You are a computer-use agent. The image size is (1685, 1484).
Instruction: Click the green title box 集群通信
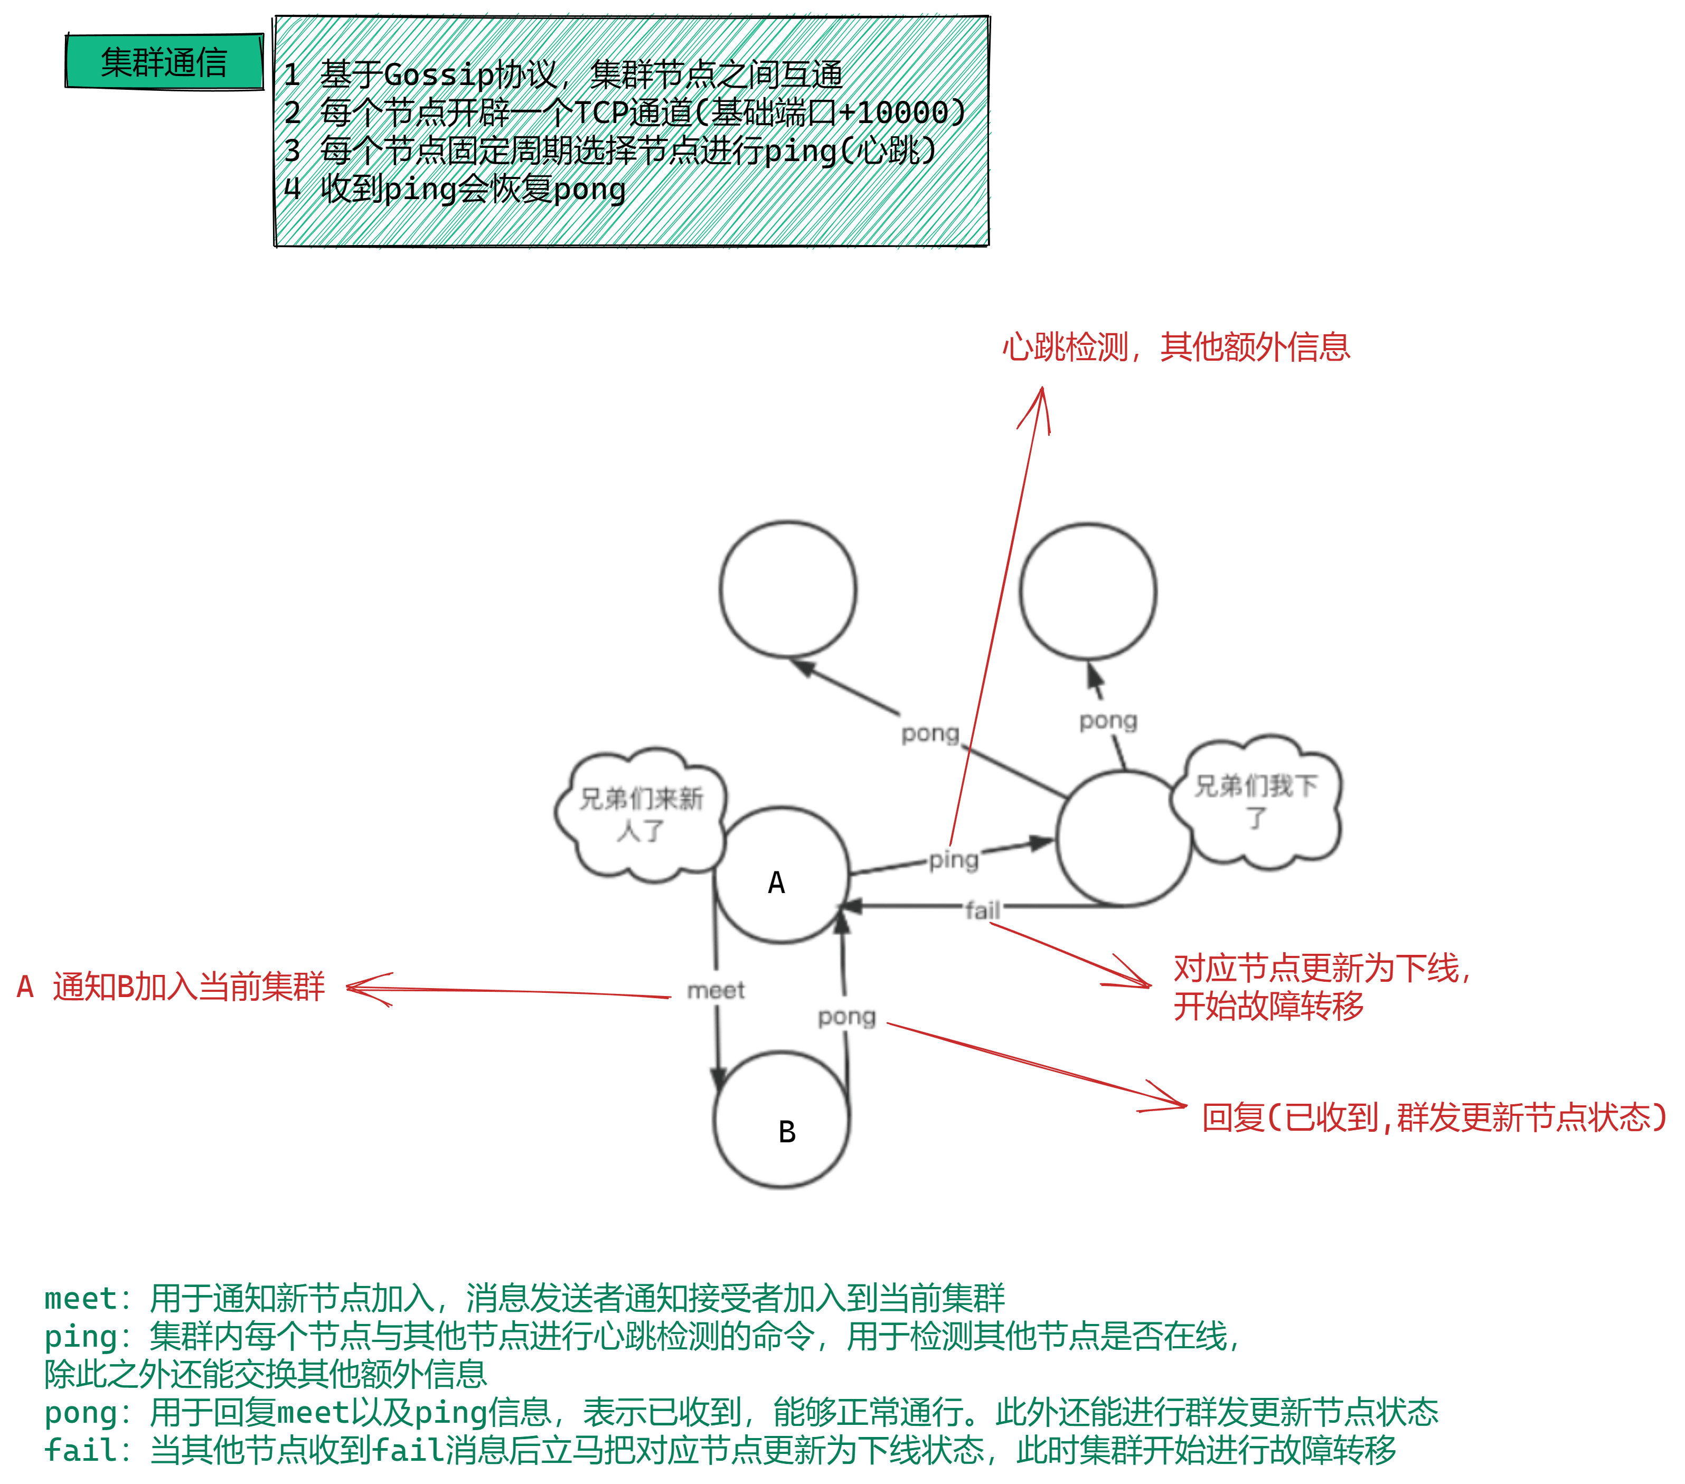click(164, 62)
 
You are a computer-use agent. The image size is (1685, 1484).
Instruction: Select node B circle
click(782, 1119)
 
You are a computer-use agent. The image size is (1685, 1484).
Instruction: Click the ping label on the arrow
click(954, 860)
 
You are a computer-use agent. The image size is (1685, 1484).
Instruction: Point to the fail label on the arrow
click(983, 910)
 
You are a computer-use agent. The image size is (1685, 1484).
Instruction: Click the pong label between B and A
click(846, 1017)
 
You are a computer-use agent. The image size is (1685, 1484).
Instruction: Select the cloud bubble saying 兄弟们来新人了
click(641, 814)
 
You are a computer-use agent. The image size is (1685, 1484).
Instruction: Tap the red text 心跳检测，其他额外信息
click(1176, 347)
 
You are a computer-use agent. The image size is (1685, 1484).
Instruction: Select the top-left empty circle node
click(788, 589)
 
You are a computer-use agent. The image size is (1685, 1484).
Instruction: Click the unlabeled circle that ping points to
click(1124, 839)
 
